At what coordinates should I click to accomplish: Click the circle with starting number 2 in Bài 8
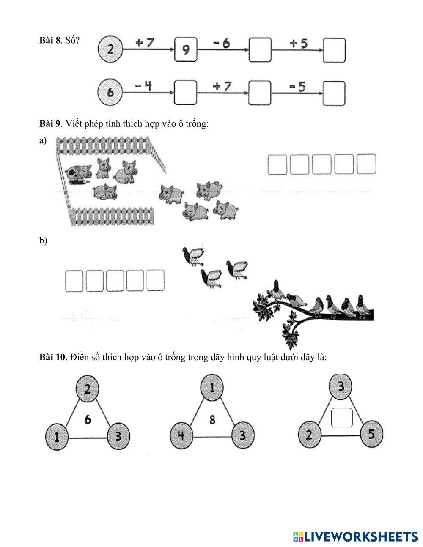[110, 49]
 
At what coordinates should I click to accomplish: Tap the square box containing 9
[186, 50]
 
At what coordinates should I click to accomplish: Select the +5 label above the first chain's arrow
[299, 43]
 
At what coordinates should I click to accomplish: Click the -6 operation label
[221, 43]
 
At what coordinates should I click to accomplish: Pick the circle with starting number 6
[110, 92]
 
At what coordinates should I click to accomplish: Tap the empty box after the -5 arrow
[334, 93]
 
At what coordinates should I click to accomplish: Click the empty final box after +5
[334, 50]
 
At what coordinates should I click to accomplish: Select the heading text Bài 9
[50, 124]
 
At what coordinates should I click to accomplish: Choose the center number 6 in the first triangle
[88, 420]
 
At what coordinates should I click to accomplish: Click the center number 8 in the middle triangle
[212, 420]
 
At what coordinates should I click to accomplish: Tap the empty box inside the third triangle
[342, 418]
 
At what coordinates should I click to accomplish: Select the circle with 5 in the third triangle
[371, 434]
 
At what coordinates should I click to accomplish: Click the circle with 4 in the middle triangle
[181, 436]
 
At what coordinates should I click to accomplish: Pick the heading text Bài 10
[52, 357]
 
